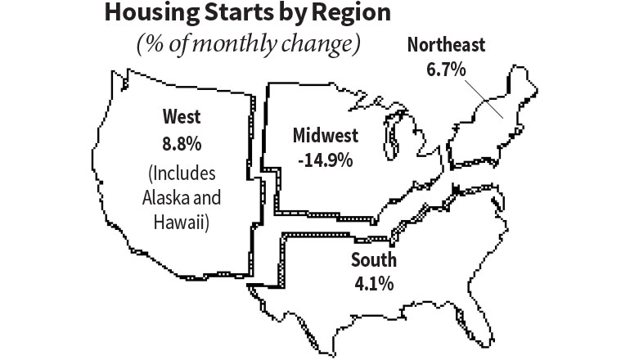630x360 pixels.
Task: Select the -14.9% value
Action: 323,160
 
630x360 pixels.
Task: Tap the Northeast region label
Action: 446,44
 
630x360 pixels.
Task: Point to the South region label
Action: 374,262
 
